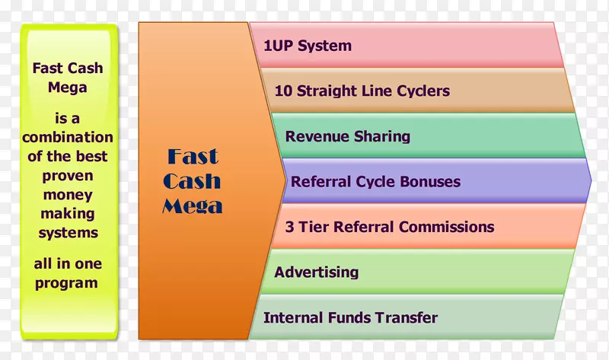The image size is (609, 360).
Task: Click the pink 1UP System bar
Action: (x=407, y=45)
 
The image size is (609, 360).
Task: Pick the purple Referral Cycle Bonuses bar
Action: (x=436, y=181)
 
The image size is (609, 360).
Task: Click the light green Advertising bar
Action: (x=417, y=272)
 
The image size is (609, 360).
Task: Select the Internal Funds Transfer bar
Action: (x=407, y=317)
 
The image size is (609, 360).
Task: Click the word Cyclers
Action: (x=423, y=91)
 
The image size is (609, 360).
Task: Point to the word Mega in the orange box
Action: (x=193, y=206)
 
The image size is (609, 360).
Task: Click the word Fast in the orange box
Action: (x=193, y=157)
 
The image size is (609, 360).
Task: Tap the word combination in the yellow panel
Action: (x=68, y=137)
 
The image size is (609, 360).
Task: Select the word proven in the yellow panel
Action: (x=68, y=177)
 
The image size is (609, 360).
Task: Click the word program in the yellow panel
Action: (x=66, y=283)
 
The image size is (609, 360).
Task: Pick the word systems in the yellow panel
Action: (x=69, y=234)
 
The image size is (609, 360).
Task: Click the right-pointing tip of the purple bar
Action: (x=591, y=180)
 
